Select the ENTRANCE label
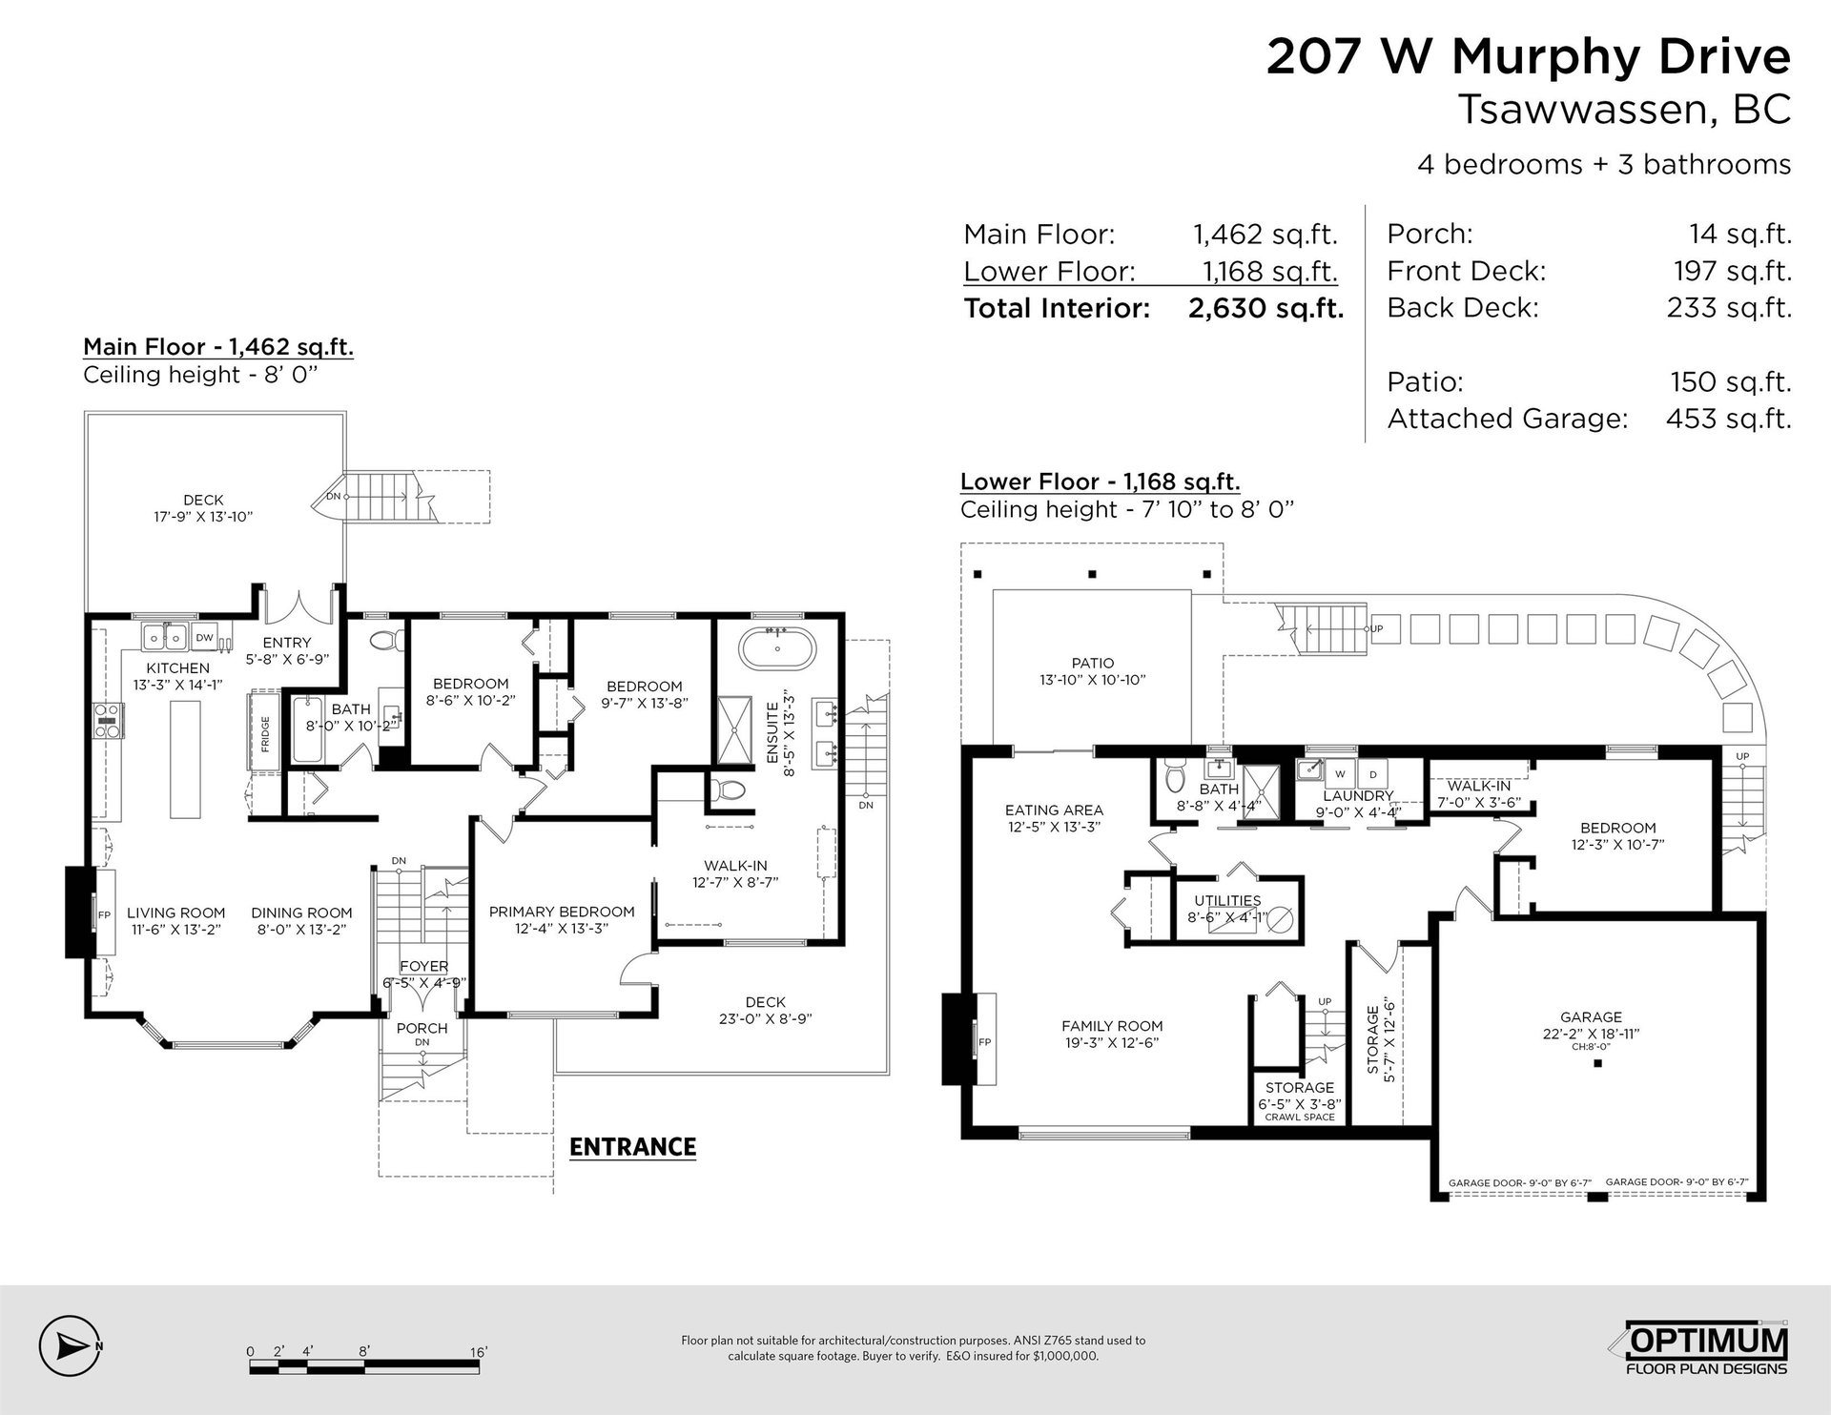[632, 1146]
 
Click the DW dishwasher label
[204, 637]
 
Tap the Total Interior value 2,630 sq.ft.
[1265, 308]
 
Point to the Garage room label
[1591, 1017]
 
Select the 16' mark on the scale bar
[479, 1352]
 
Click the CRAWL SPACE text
[1300, 1117]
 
